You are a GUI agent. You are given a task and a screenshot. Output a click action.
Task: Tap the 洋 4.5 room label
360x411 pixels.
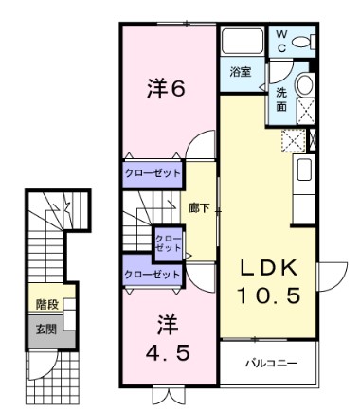point(165,335)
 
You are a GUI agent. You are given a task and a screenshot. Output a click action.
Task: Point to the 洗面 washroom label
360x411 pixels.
point(282,99)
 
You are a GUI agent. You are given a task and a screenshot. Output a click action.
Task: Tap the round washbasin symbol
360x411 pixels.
point(306,84)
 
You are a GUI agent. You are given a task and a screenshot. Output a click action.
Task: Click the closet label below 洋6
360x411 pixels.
point(152,174)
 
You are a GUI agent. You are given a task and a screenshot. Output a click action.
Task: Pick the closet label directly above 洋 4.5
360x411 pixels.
point(152,275)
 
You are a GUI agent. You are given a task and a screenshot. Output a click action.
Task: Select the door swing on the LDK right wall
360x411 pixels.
point(326,275)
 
